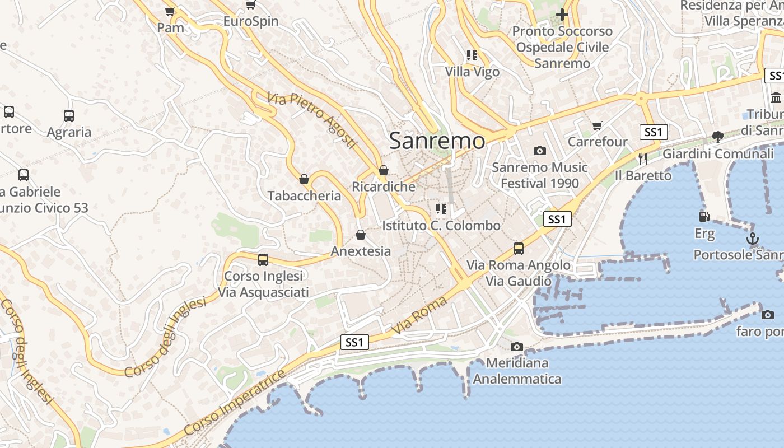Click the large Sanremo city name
437,141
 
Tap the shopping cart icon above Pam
170,11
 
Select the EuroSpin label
250,22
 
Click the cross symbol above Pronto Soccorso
562,15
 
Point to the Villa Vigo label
472,72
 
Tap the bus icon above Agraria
68,116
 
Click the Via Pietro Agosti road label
312,120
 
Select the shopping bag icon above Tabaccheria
304,179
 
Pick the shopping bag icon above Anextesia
361,234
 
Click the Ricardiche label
384,186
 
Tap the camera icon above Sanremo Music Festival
540,151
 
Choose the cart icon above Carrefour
598,125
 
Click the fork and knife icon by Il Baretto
643,159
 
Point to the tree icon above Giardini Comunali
717,137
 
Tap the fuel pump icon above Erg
704,216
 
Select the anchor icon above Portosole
753,239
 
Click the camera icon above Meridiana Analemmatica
517,347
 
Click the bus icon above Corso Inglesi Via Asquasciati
263,260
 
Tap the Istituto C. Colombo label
441,226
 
